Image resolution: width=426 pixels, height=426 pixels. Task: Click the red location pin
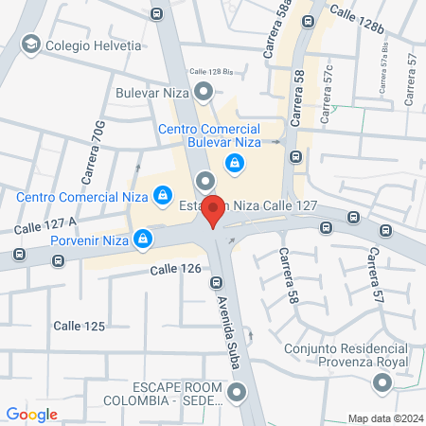pos(214,210)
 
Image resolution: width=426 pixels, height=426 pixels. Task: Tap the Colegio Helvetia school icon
pos(30,44)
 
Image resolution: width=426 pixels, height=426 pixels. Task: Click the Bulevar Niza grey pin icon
pos(204,92)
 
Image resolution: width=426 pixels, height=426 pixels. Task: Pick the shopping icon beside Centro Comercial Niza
pos(163,195)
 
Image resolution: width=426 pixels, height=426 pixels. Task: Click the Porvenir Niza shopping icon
pos(142,238)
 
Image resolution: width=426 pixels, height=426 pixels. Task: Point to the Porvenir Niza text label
pos(90,238)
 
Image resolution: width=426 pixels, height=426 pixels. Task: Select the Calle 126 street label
pos(175,271)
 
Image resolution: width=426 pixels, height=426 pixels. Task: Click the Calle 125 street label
pos(79,326)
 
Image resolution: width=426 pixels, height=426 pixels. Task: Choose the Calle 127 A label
pos(44,224)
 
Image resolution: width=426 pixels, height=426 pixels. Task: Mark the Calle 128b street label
pos(357,19)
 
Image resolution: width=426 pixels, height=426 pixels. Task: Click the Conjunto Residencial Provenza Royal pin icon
pos(382,383)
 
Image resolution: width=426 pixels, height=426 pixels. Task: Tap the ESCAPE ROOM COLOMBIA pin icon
pos(235,390)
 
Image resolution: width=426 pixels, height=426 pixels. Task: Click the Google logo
pos(31,414)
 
